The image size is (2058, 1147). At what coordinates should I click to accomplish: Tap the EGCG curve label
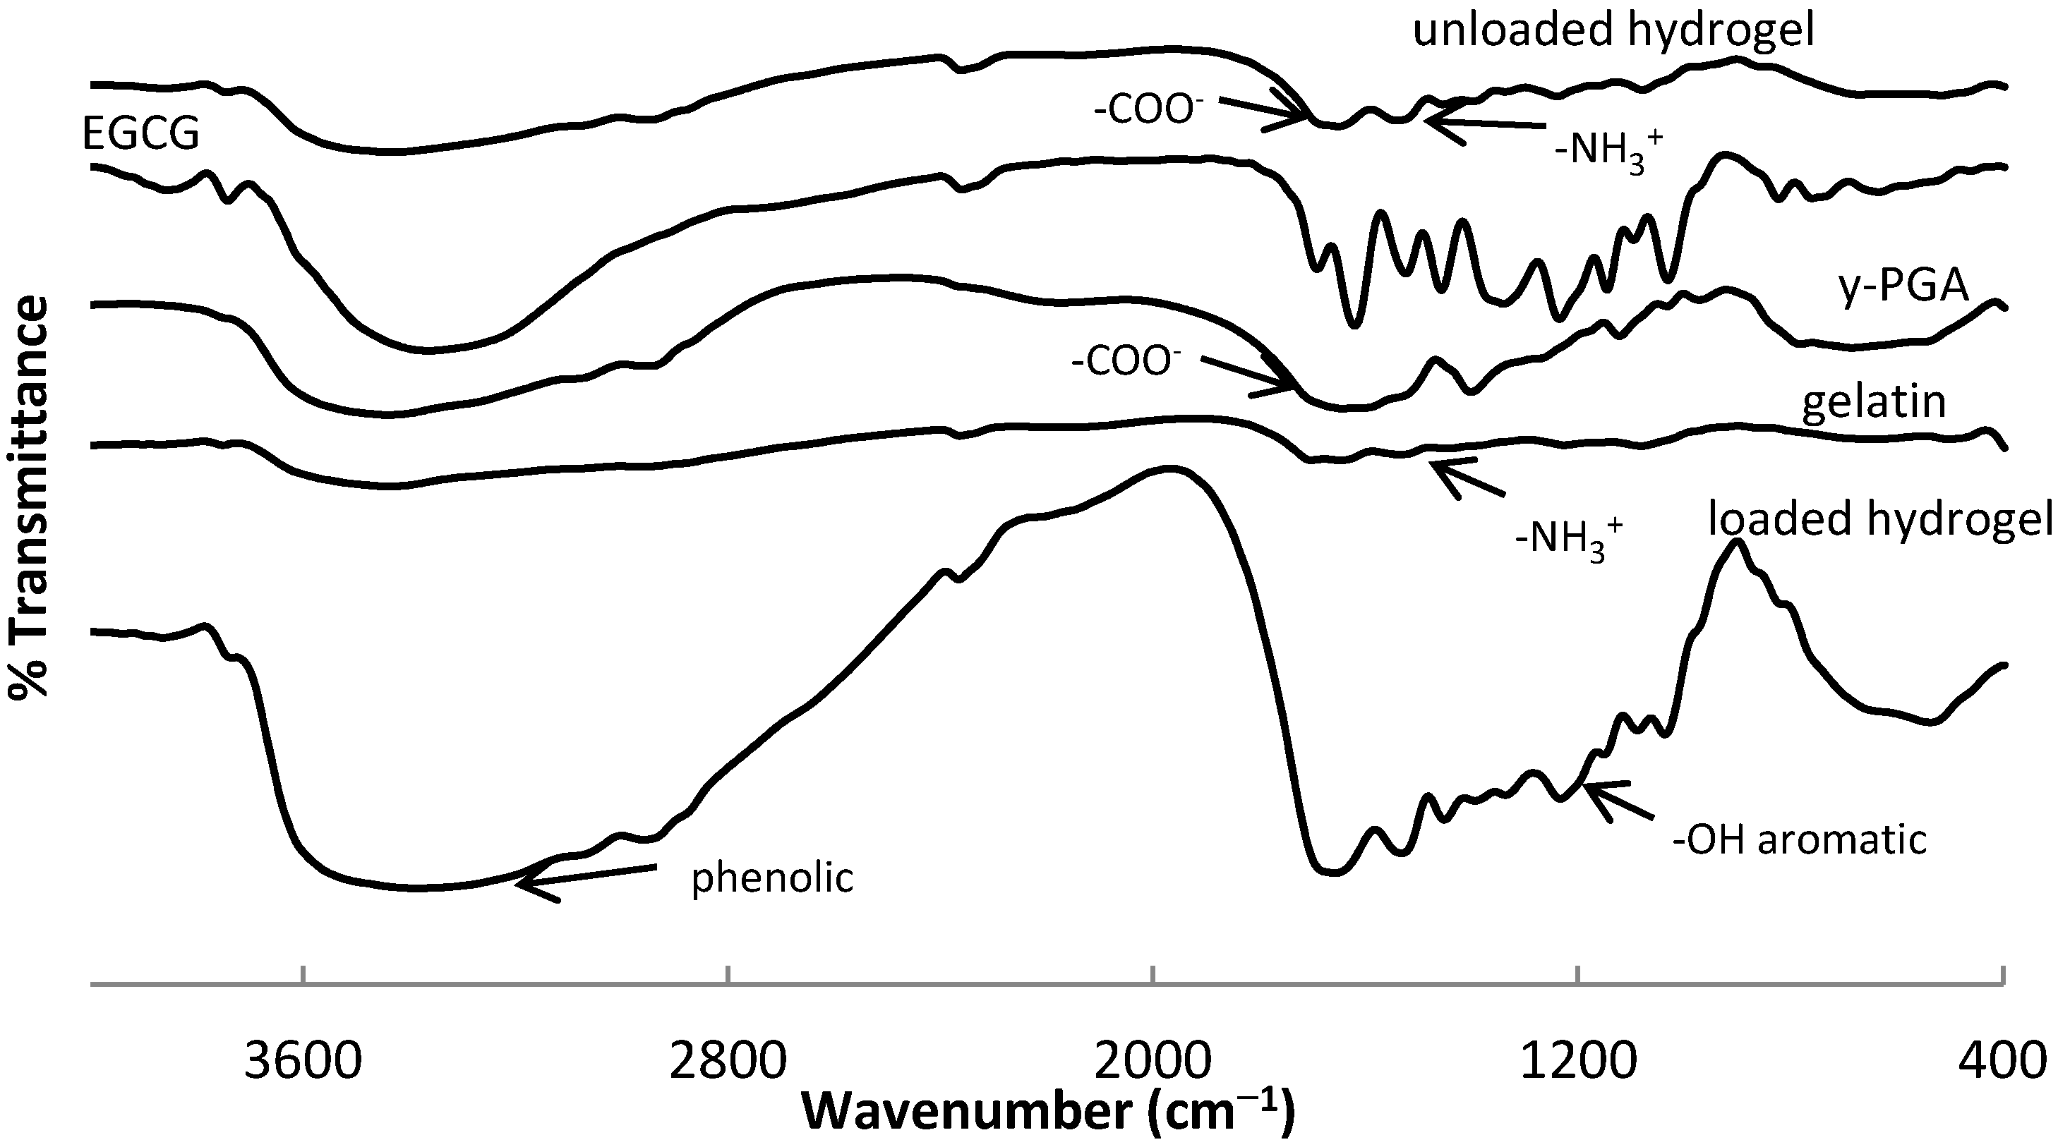pos(140,133)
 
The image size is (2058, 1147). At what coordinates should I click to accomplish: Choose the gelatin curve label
pos(1874,402)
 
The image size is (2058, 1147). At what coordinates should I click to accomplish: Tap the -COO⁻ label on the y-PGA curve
pos(1126,363)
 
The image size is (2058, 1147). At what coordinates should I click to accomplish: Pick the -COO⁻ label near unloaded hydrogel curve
pos(1149,110)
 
